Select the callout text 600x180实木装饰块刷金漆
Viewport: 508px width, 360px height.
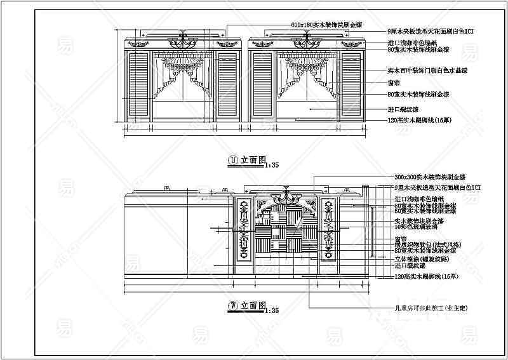pyautogui.click(x=326, y=25)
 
